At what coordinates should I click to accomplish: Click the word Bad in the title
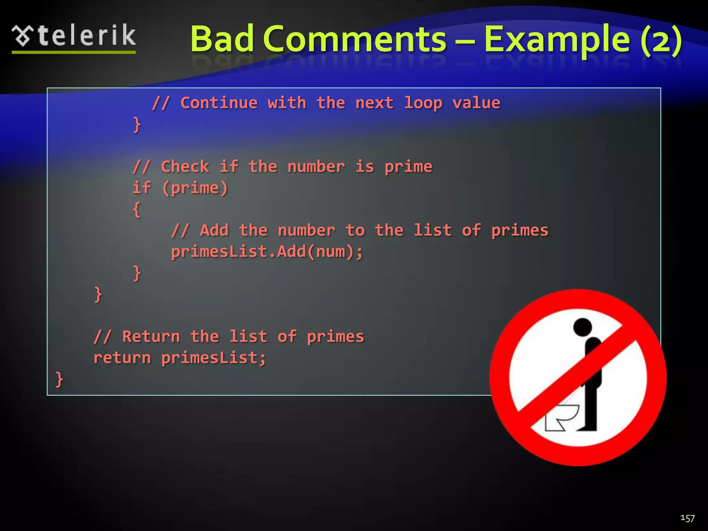click(222, 39)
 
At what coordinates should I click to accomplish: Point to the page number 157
click(687, 518)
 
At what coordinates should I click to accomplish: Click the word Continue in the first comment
click(219, 103)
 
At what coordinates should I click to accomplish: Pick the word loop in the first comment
click(423, 103)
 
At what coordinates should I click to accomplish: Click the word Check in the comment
click(185, 167)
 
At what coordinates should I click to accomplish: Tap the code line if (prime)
click(180, 188)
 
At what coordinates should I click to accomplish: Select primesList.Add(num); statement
click(267, 252)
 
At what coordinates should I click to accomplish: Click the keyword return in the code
click(122, 358)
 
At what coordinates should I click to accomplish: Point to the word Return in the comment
click(151, 337)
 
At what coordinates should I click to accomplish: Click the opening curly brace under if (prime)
click(137, 209)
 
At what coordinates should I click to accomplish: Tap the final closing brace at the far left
click(59, 379)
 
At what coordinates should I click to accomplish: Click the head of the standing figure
click(583, 327)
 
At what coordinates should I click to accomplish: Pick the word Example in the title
click(557, 39)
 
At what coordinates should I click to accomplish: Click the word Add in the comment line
click(214, 231)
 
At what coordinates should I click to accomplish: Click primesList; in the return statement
click(214, 358)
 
